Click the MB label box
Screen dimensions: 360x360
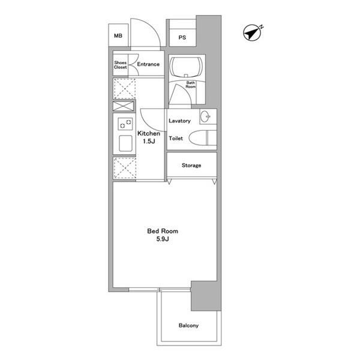118,35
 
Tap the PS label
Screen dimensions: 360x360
182,37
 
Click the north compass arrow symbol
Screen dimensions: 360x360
253,33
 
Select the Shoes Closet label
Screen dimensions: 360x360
121,65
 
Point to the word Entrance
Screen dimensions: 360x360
148,64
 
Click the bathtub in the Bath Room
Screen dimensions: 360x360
186,67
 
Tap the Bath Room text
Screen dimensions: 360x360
191,85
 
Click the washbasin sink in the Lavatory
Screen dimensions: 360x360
205,116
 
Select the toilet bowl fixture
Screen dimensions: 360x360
203,138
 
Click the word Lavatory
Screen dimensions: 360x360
179,121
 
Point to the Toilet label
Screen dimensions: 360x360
176,138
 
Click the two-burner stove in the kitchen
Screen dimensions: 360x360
125,124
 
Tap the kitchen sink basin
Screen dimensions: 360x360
125,143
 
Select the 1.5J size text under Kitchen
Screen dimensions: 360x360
149,141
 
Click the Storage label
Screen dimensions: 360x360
191,166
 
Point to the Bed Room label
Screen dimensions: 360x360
163,231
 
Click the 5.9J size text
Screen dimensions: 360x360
163,239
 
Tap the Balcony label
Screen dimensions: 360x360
188,325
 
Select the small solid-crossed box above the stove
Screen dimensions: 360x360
123,106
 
